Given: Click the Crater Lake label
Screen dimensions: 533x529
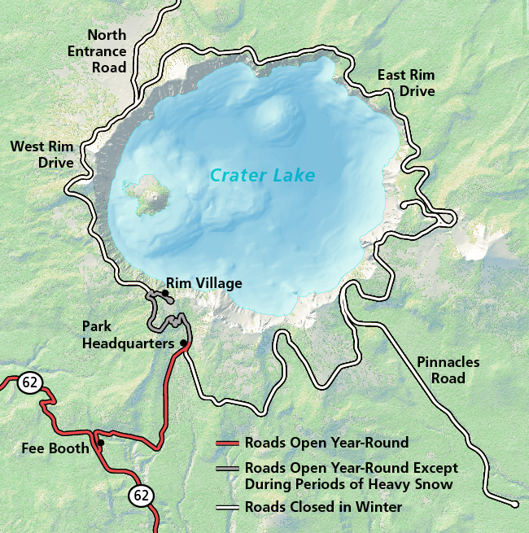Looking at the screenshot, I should (262, 175).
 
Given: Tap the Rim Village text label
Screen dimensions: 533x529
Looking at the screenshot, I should (204, 283).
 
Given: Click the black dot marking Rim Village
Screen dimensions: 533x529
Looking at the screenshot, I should (165, 292).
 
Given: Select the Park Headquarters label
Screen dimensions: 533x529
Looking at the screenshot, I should (129, 335).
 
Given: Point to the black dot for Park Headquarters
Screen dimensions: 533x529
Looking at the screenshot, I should (183, 343).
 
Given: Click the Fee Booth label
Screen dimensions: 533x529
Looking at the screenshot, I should (56, 448).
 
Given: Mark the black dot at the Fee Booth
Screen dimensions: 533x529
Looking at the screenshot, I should (100, 443).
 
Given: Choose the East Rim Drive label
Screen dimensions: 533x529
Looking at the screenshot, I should (406, 83).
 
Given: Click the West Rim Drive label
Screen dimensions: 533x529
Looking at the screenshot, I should (42, 155).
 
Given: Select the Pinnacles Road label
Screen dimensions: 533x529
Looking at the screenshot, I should (448, 370).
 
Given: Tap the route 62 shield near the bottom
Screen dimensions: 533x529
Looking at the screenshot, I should (139, 495).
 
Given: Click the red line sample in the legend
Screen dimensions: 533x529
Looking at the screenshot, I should (229, 443).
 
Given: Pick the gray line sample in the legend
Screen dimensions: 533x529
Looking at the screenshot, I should (229, 469).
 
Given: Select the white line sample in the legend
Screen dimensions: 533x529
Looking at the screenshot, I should (229, 507).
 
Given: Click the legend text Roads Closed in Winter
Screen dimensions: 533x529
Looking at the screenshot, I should (323, 507).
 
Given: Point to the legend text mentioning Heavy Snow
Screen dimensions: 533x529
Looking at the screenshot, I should (351, 476).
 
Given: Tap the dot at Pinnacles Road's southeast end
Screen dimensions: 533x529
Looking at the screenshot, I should (515, 504).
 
